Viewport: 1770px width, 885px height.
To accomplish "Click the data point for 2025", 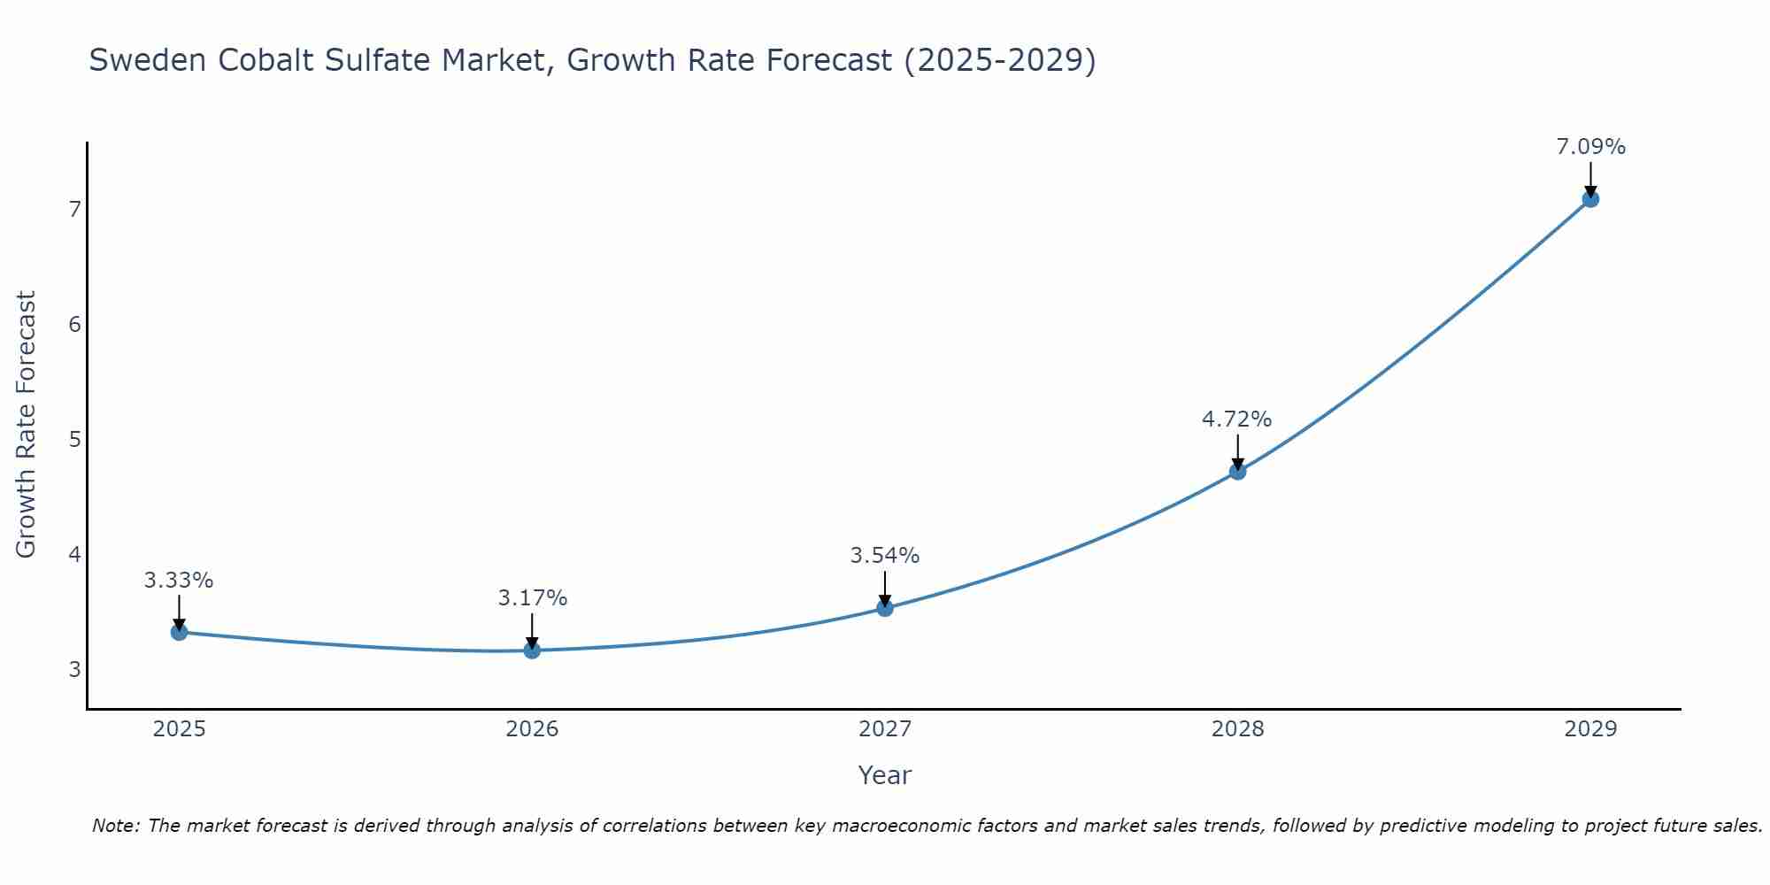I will pyautogui.click(x=179, y=632).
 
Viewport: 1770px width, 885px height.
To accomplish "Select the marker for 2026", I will pyautogui.click(x=532, y=650).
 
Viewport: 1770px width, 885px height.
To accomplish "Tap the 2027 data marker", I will pyautogui.click(x=885, y=608).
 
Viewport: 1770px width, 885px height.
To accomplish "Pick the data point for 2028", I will pyautogui.click(x=1237, y=472).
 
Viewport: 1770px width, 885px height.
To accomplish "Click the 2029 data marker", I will pyautogui.click(x=1590, y=199).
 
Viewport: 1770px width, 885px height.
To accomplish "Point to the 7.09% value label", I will pyautogui.click(x=1590, y=147).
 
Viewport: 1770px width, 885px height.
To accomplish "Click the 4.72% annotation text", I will pyautogui.click(x=1236, y=419).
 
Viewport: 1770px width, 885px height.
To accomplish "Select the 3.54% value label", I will pyautogui.click(x=884, y=556).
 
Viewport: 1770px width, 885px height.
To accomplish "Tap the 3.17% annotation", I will pyautogui.click(x=532, y=598).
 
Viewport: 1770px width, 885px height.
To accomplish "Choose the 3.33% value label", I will pyautogui.click(x=179, y=581).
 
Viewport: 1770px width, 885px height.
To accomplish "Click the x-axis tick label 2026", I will pyautogui.click(x=532, y=729).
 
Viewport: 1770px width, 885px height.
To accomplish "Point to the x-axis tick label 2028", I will pyautogui.click(x=1237, y=729).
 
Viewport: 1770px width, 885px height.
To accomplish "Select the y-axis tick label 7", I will pyautogui.click(x=74, y=210).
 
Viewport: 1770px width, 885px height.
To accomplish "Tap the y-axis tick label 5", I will pyautogui.click(x=74, y=440).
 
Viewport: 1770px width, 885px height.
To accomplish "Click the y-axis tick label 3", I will pyautogui.click(x=74, y=670).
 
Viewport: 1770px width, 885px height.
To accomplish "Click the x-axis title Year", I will pyautogui.click(x=884, y=775).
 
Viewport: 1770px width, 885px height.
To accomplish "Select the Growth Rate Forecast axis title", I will pyautogui.click(x=27, y=425).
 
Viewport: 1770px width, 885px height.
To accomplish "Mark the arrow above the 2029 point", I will pyautogui.click(x=1590, y=179).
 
